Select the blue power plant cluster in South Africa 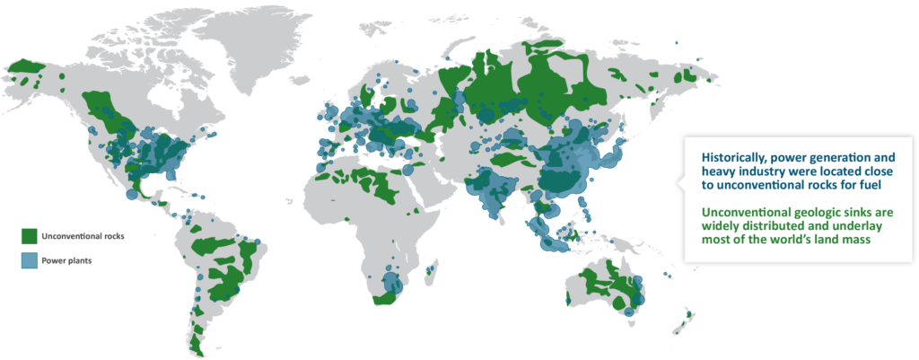[x=390, y=285]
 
